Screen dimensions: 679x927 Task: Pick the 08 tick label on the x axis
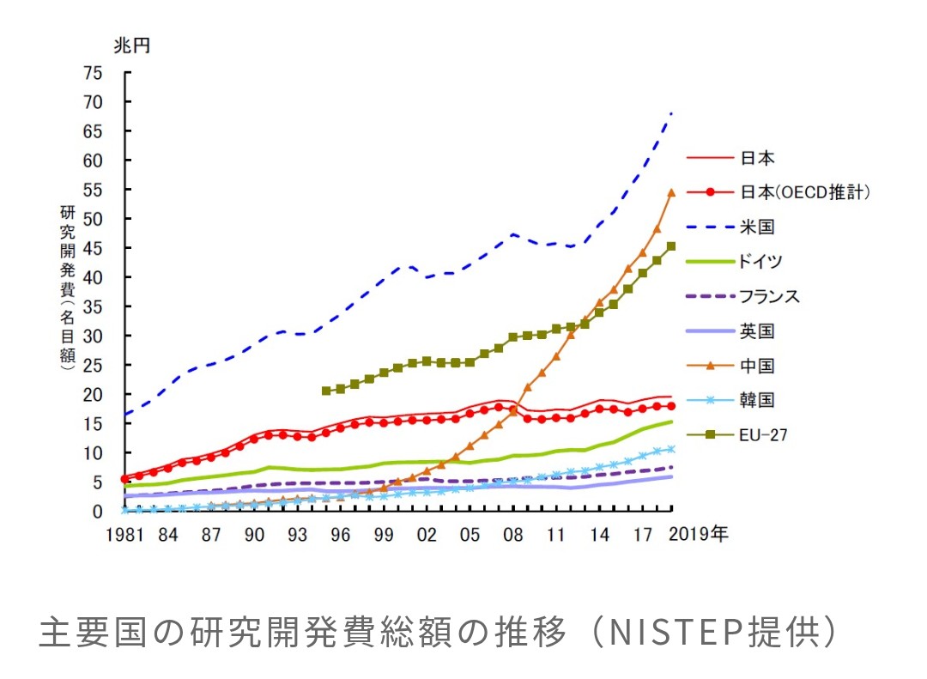[513, 535]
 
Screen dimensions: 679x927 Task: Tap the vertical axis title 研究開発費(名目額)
[68, 287]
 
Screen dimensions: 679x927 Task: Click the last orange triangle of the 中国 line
[671, 193]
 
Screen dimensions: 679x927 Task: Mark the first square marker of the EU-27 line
[326, 391]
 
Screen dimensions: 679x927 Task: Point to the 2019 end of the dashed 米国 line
[670, 113]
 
